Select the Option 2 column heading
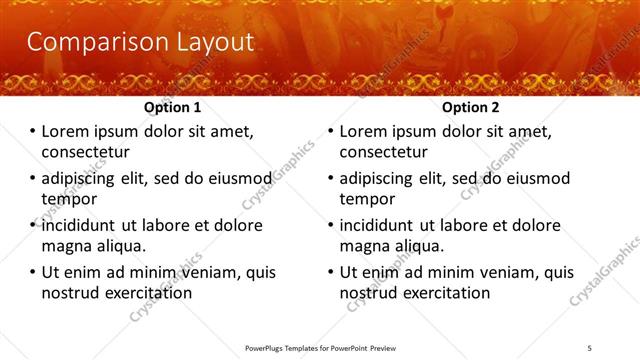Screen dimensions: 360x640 471,107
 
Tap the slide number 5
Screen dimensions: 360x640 591,347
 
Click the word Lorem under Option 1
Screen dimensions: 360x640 65,131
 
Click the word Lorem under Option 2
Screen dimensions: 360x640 364,131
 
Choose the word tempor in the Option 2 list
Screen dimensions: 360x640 366,199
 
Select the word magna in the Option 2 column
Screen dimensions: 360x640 363,246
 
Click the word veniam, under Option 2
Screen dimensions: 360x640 507,272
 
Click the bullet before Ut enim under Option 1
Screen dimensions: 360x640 32,272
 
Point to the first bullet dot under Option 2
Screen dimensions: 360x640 330,132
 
